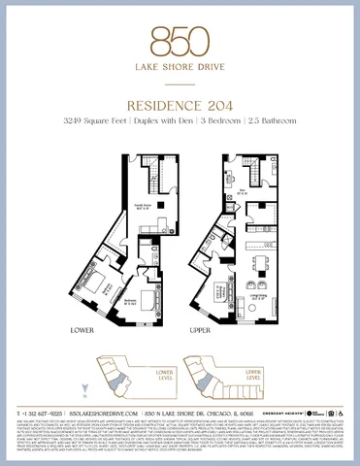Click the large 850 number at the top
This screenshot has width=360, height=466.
[x=180, y=40]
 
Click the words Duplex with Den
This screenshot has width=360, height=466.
[x=179, y=119]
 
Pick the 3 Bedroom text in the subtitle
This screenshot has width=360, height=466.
[x=234, y=119]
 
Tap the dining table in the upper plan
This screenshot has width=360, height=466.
[x=259, y=262]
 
